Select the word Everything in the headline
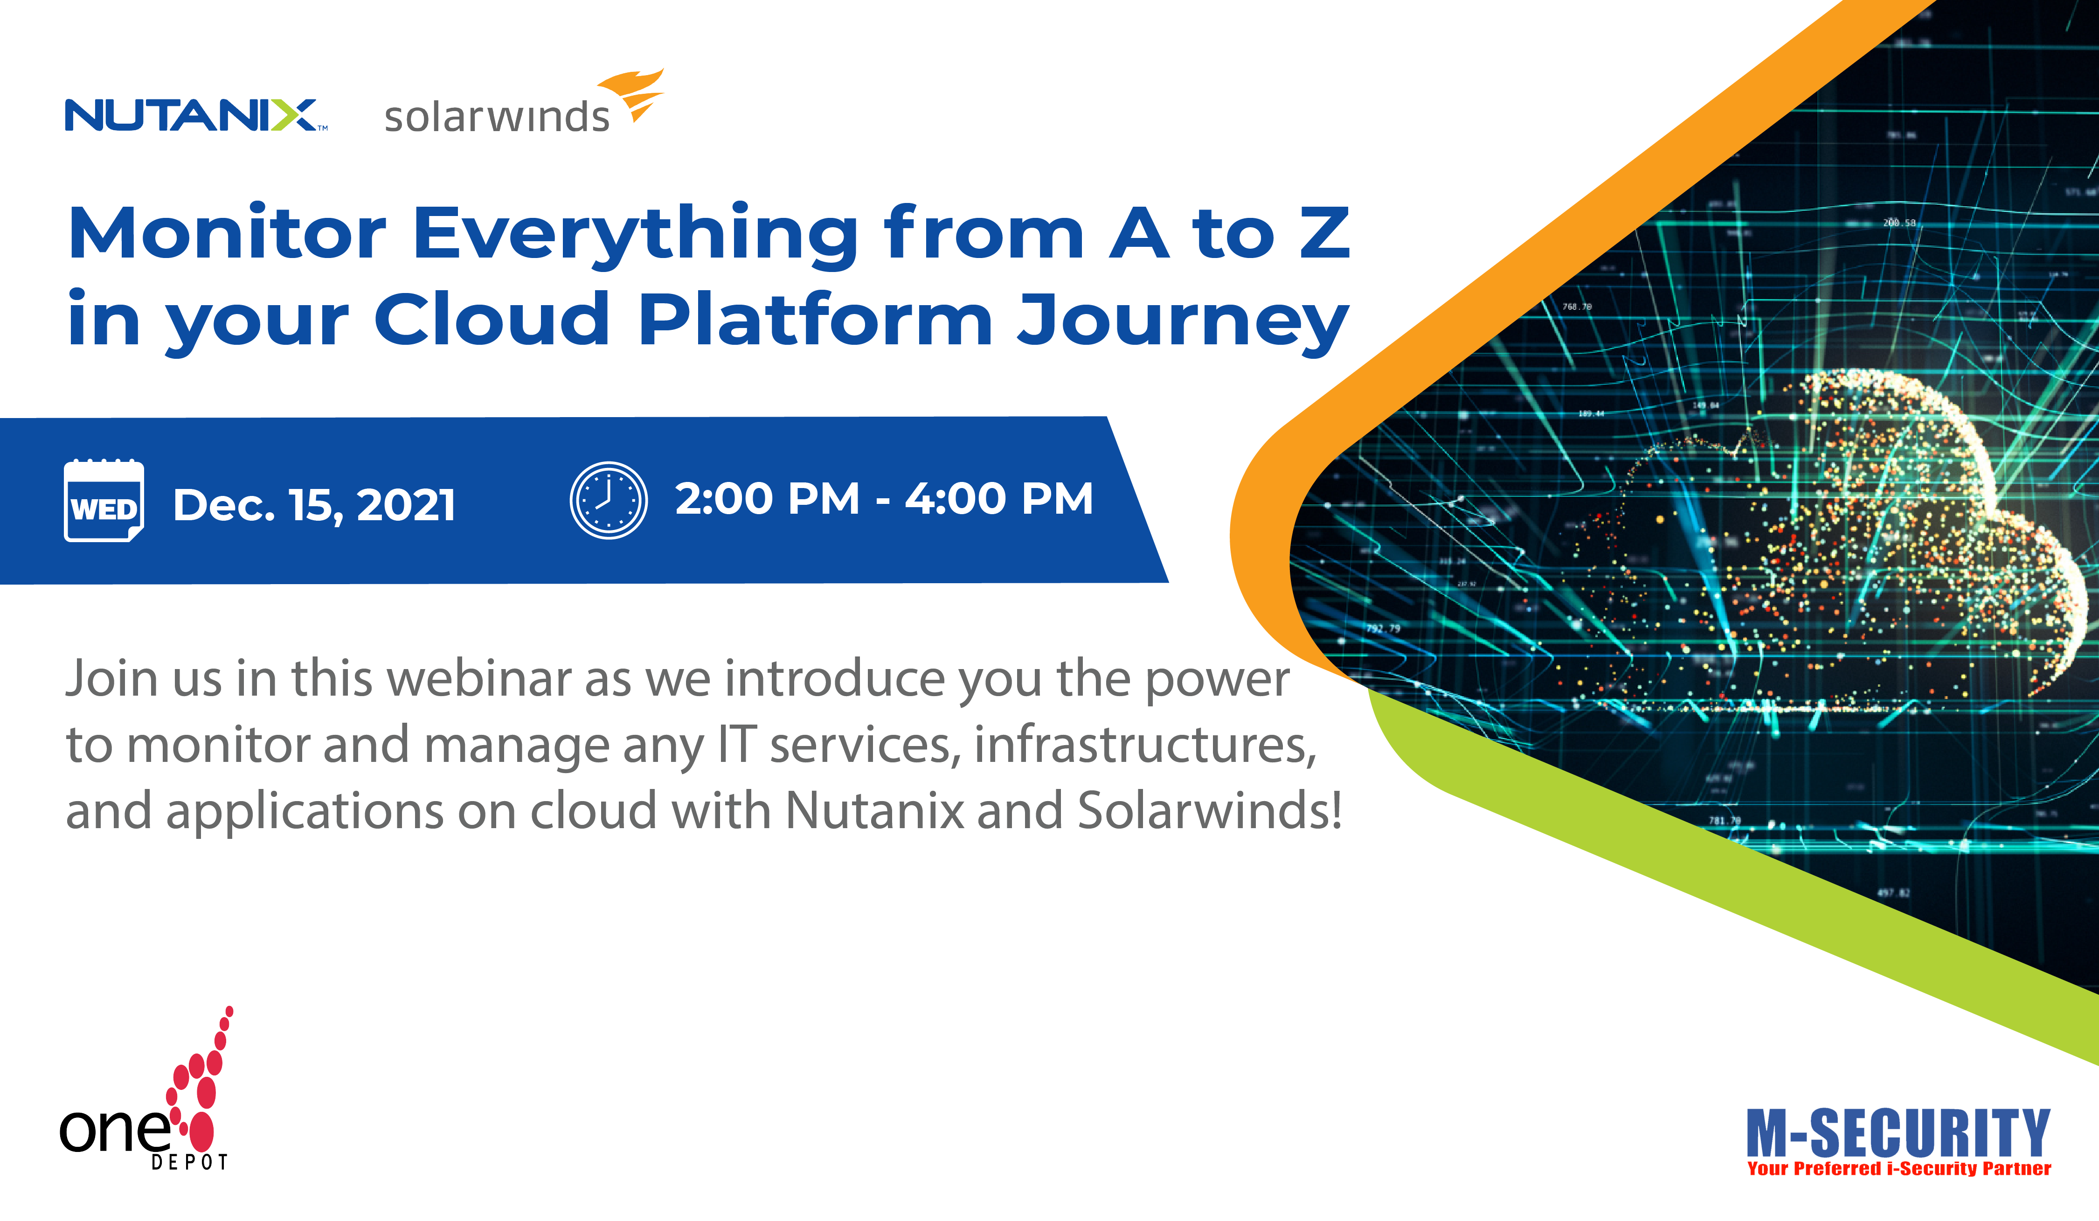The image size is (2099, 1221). [635, 235]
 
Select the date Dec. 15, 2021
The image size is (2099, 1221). [314, 505]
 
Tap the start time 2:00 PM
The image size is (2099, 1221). [766, 498]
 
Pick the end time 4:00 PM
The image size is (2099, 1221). [999, 498]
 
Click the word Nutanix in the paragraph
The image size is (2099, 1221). [874, 810]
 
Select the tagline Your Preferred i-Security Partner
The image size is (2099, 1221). [1898, 1168]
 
